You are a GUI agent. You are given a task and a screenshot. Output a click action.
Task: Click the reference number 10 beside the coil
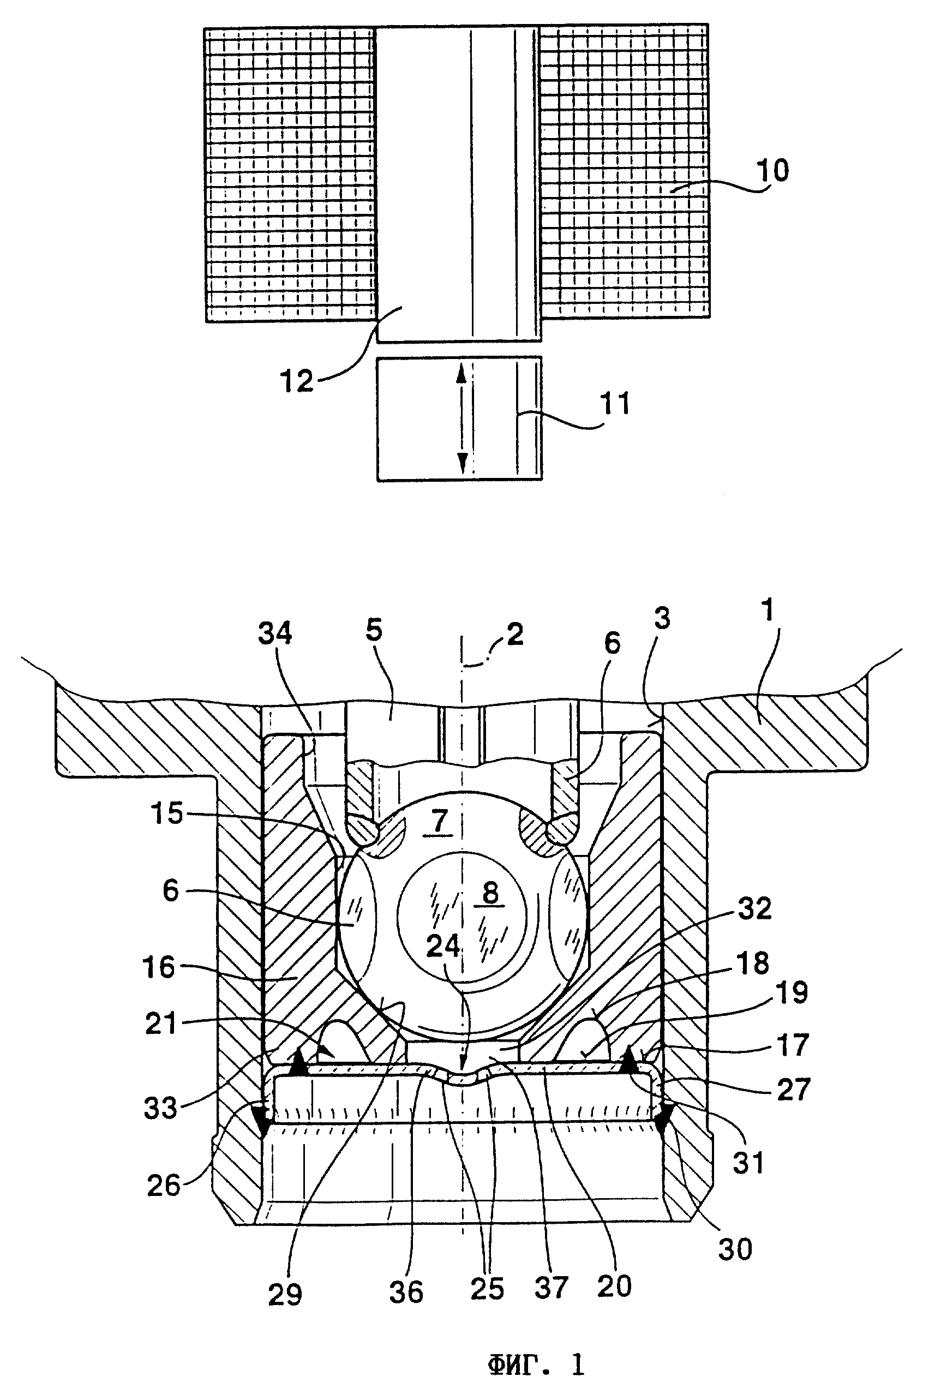point(772,171)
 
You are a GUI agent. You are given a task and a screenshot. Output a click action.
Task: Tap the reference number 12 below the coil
point(297,381)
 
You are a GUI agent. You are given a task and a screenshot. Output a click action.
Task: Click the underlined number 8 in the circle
point(490,893)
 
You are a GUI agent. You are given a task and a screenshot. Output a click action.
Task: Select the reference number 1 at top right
point(769,611)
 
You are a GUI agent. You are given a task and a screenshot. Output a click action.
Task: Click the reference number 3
point(662,618)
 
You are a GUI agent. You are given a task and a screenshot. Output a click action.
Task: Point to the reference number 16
point(159,967)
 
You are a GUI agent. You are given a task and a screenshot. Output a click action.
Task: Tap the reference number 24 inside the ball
point(443,947)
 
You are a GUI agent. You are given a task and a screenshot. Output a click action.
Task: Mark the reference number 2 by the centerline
point(514,635)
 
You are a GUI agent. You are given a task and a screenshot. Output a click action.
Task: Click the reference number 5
point(374,630)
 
